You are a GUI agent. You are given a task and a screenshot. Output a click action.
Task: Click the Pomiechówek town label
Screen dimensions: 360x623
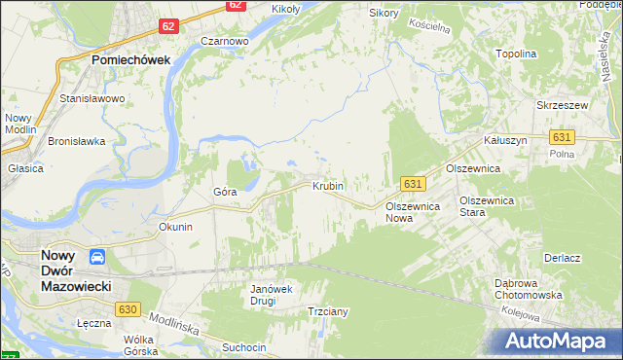pyautogui.click(x=130, y=59)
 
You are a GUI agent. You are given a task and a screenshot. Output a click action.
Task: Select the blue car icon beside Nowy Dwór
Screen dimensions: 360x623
pyautogui.click(x=97, y=258)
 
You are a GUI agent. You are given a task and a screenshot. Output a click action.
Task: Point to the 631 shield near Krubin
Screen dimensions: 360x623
pyautogui.click(x=413, y=183)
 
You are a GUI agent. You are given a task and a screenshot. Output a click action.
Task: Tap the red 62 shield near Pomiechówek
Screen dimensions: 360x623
pyautogui.click(x=167, y=26)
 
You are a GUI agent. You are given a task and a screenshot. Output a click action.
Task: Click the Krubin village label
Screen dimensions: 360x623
pyautogui.click(x=328, y=185)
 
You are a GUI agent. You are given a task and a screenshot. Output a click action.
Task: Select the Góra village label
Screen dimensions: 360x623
pyautogui.click(x=225, y=192)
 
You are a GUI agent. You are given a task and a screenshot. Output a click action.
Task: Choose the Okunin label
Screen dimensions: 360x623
pyautogui.click(x=176, y=227)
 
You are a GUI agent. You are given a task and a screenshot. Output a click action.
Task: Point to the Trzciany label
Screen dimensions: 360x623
pyautogui.click(x=328, y=311)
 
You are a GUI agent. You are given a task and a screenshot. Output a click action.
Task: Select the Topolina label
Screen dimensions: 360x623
pyautogui.click(x=516, y=54)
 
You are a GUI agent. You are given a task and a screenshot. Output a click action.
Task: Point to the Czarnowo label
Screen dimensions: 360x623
pyautogui.click(x=225, y=42)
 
